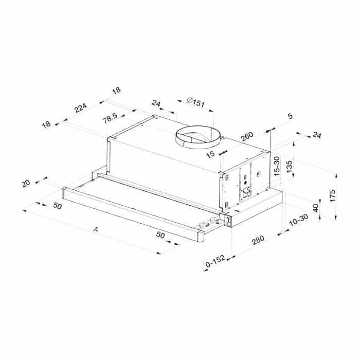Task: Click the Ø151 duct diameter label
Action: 195,102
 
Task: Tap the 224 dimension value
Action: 80,107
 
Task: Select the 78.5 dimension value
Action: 110,118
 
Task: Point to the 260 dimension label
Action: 247,136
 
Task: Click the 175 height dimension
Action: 332,195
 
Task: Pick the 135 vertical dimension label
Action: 289,167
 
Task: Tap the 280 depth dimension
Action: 258,240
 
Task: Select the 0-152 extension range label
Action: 215,261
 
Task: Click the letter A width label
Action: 96,229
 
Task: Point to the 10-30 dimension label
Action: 298,220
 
